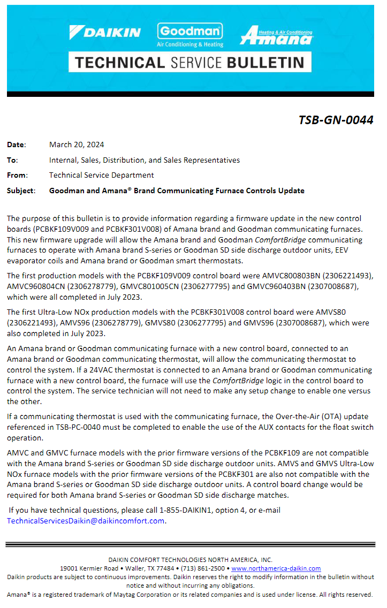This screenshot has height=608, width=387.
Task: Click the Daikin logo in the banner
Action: [x=105, y=32]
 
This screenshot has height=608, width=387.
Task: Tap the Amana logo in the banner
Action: [x=276, y=35]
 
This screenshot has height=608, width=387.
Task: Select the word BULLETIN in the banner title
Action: [x=268, y=62]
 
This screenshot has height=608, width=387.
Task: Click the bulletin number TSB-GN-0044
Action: [x=336, y=120]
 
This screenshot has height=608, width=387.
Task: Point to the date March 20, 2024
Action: [x=77, y=145]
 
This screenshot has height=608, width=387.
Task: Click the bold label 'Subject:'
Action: [x=21, y=191]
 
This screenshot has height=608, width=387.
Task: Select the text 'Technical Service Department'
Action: [x=101, y=175]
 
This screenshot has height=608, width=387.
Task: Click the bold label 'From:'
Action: [x=17, y=175]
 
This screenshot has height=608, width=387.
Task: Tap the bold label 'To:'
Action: [x=12, y=160]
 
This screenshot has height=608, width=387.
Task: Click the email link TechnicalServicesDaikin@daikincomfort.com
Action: [x=86, y=521]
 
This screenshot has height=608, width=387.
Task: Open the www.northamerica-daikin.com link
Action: [x=276, y=568]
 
